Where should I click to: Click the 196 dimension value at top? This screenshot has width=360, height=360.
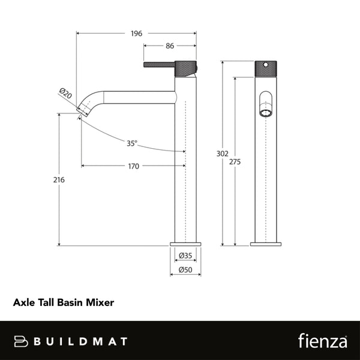pos(136,34)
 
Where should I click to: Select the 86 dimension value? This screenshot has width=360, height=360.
pos(170,46)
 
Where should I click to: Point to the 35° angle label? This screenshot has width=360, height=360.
pos(132,143)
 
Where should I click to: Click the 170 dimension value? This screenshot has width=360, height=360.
pos(133,166)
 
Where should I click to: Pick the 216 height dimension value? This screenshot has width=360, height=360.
pos(58,179)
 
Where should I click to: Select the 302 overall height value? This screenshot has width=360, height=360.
pos(222,154)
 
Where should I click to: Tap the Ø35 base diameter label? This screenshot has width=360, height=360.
pos(185,256)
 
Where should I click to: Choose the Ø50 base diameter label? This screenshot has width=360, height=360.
pos(185,271)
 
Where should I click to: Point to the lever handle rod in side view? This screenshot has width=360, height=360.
pos(158,64)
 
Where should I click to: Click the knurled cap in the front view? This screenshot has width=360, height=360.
pos(265,68)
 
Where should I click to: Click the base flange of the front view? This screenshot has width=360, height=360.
pos(265,244)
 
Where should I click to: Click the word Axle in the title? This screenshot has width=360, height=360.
pos(23,304)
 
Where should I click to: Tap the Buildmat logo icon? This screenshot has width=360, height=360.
pos(22,341)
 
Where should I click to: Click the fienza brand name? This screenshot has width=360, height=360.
pos(322,341)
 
